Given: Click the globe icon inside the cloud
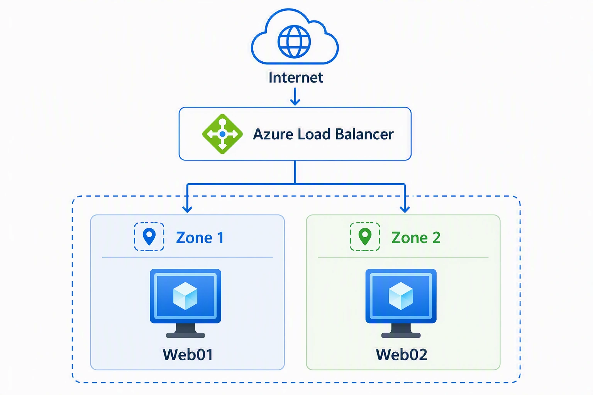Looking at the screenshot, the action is (294, 42).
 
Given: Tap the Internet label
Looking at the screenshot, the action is (296, 78).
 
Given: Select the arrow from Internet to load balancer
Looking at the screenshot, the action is (295, 96).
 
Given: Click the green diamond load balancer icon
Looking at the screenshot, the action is (222, 134).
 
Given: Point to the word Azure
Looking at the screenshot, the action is (273, 134).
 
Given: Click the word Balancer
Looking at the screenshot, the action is (364, 134).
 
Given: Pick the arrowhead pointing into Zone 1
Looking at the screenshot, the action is (187, 209).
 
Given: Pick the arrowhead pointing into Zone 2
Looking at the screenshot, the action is (405, 209).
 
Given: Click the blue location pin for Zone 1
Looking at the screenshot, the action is (149, 236).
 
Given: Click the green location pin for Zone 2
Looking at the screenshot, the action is (365, 236).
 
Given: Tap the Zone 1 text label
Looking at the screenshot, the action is (200, 238).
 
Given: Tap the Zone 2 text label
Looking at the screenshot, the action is (416, 238).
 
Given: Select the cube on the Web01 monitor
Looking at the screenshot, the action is (185, 296).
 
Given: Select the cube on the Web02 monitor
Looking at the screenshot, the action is (401, 296).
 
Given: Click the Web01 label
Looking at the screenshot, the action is (188, 354).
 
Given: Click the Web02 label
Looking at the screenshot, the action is (402, 354).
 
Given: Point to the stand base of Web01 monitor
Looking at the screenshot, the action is (185, 335).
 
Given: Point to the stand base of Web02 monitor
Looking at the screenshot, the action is (401, 335).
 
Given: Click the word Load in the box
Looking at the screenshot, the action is (314, 134).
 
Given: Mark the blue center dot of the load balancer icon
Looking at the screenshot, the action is (222, 134).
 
